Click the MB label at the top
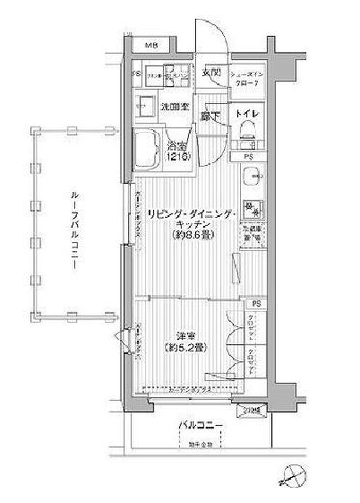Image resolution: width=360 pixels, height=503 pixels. click(x=151, y=46)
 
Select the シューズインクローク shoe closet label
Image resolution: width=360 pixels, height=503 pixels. click(x=254, y=77)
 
